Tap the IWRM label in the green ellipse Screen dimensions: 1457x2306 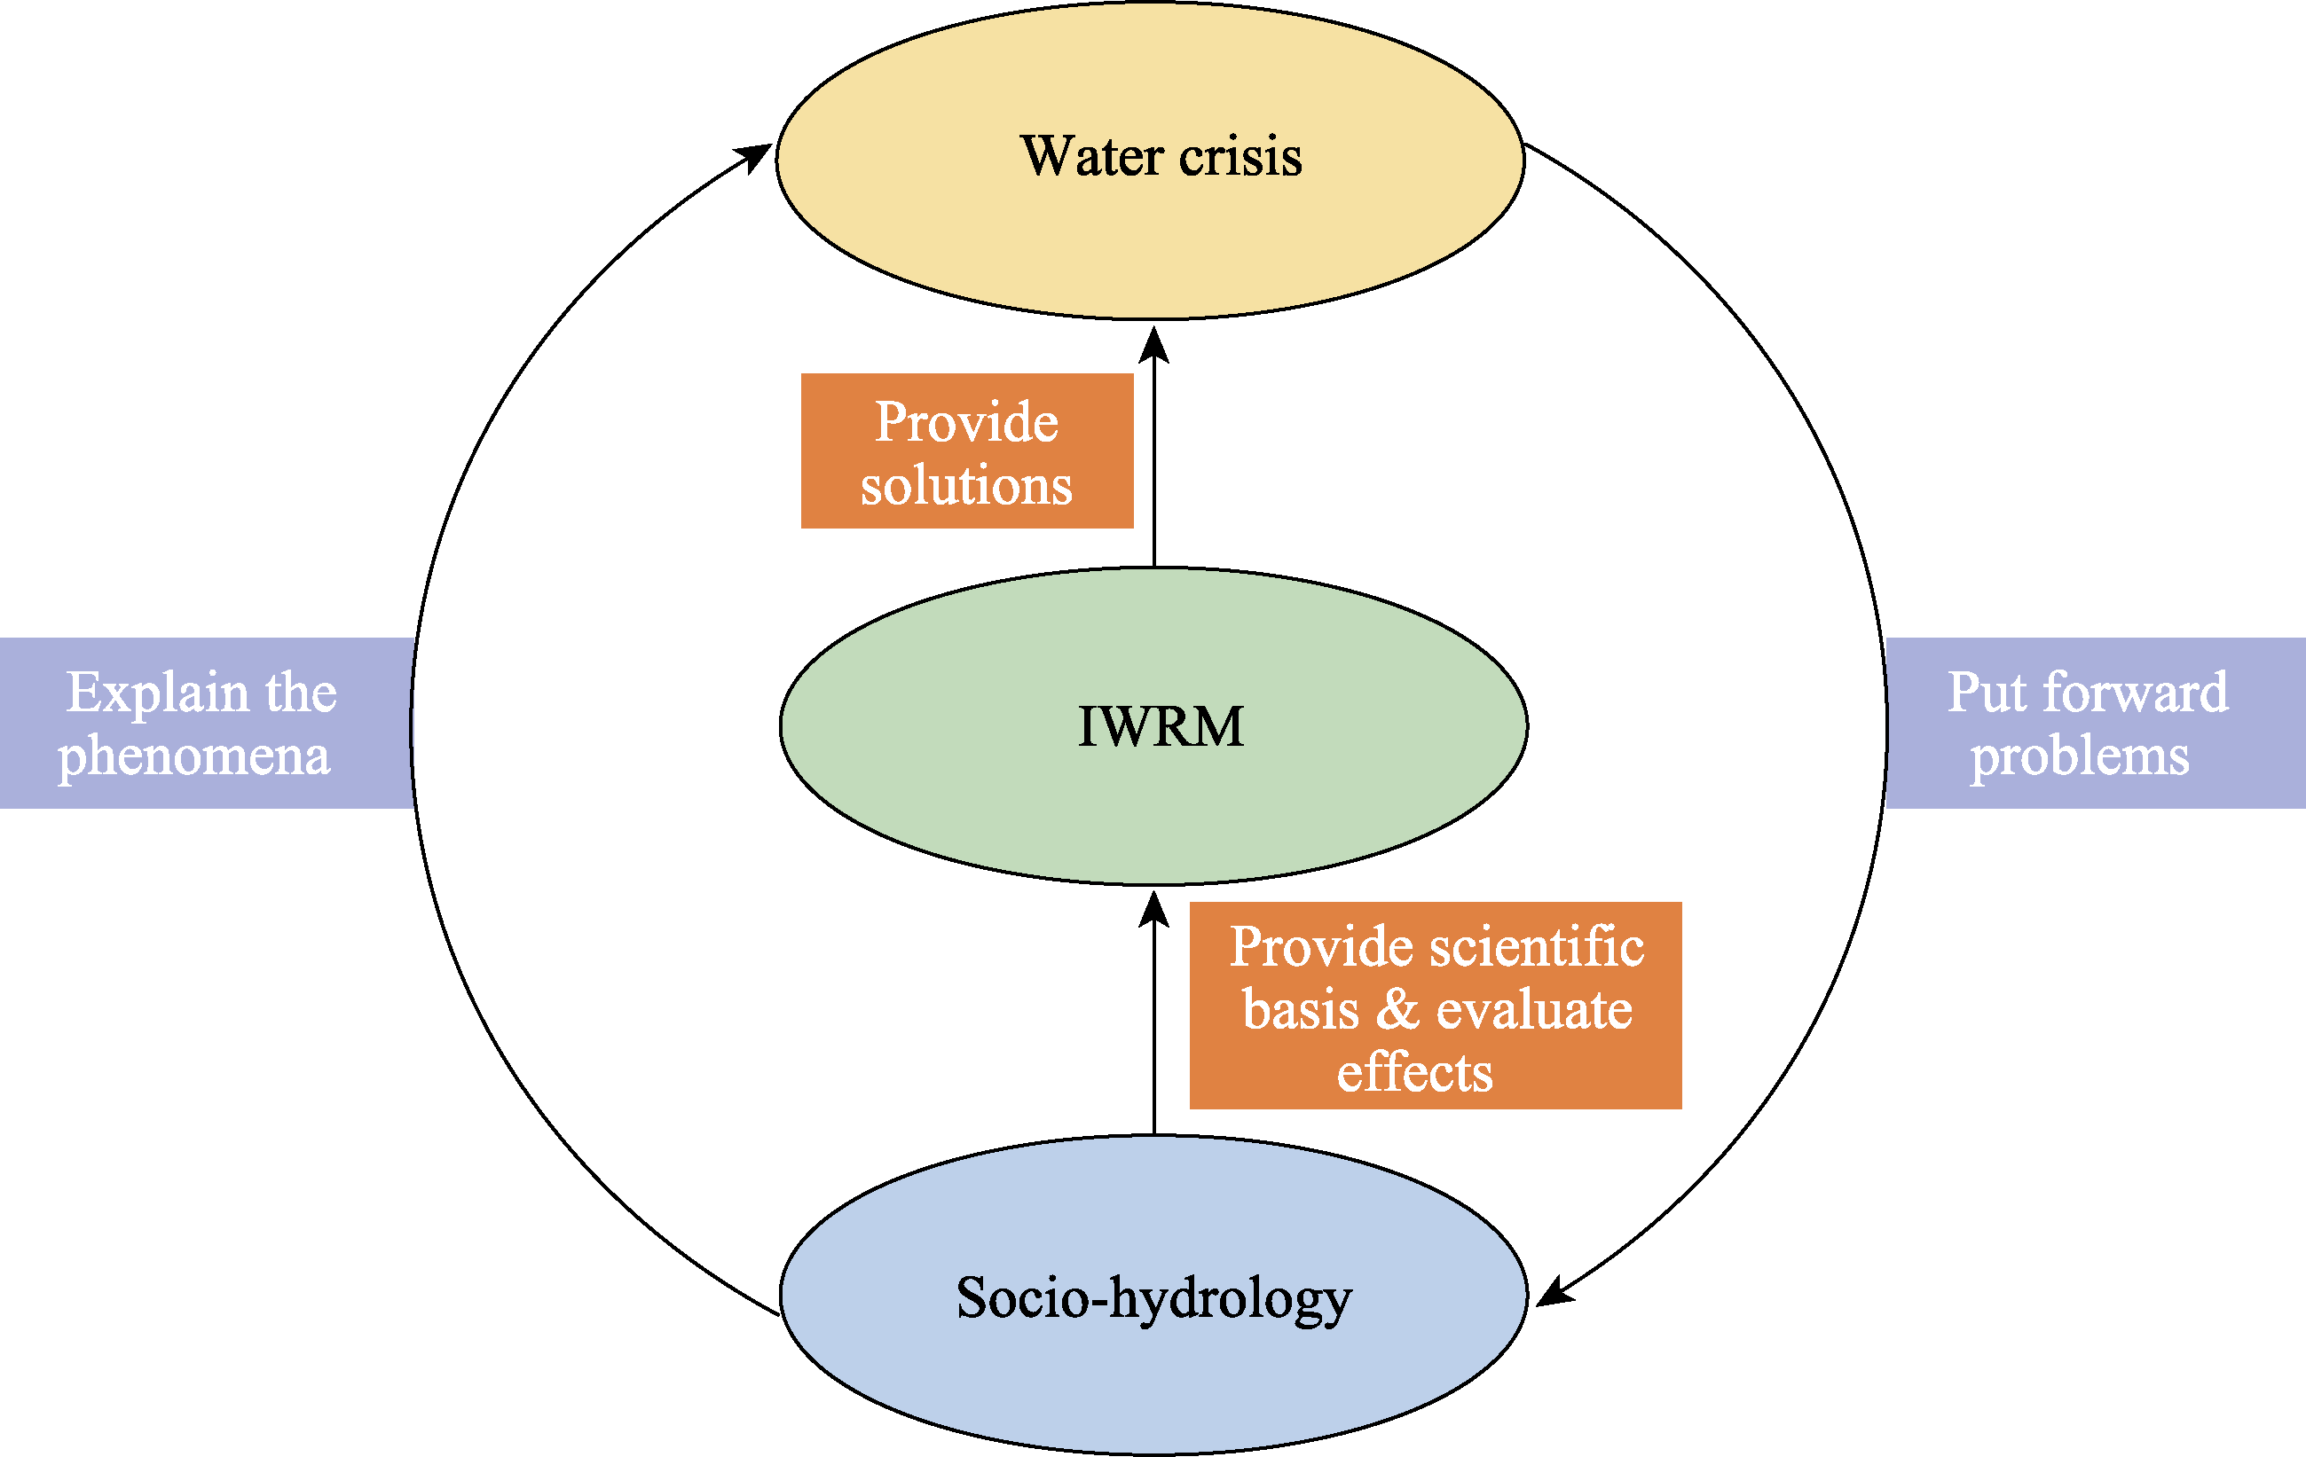coord(1160,726)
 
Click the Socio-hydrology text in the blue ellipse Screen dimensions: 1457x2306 coord(1154,1299)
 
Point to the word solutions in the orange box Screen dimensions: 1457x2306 coord(966,485)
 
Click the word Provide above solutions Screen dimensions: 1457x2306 coord(966,422)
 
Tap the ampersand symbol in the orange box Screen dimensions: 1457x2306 coord(1397,1010)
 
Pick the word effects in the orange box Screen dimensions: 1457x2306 coord(1414,1072)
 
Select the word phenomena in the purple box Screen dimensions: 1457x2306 coord(194,756)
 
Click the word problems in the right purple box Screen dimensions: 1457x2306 coord(2079,756)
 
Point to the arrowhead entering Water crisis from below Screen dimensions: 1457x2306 coord(1154,345)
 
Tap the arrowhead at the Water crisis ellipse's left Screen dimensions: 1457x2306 coord(756,156)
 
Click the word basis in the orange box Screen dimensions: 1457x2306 coord(1301,1010)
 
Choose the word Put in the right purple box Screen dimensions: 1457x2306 coord(1987,693)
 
